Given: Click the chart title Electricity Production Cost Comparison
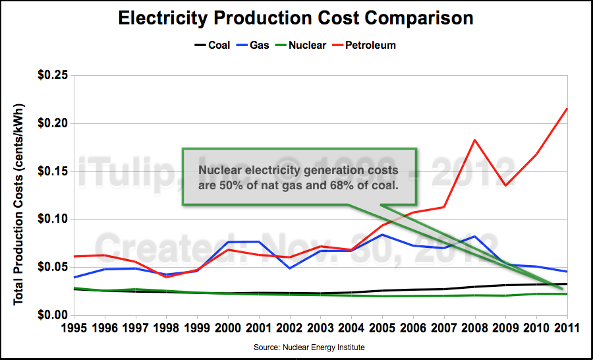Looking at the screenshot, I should pos(296,18).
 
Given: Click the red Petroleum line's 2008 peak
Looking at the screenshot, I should pos(474,140).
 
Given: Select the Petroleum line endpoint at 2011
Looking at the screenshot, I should pos(567,109).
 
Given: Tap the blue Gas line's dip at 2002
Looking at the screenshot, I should pos(290,268).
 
